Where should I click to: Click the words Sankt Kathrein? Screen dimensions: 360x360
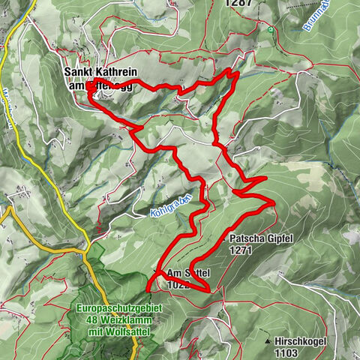pyautogui.click(x=100, y=72)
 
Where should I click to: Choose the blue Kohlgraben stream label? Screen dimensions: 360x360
pyautogui.click(x=172, y=203)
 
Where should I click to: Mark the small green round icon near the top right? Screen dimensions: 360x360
pyautogui.click(x=270, y=31)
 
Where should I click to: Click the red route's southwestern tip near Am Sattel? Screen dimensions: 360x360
pyautogui.click(x=148, y=287)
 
